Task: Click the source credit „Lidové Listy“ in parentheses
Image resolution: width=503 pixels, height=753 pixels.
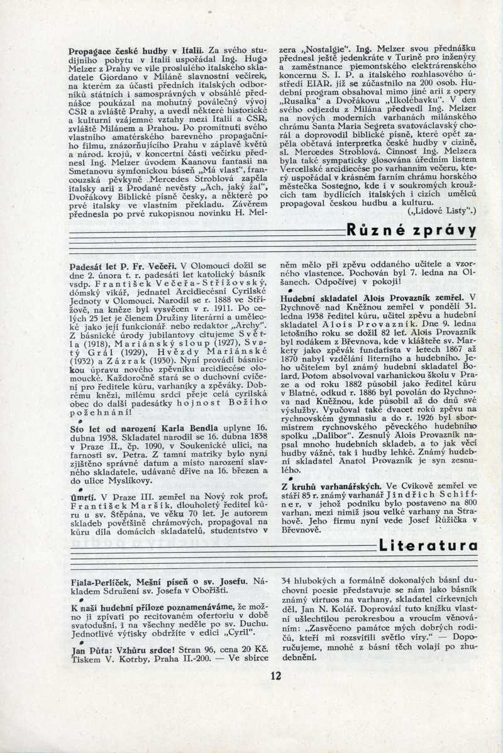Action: tap(442, 211)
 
